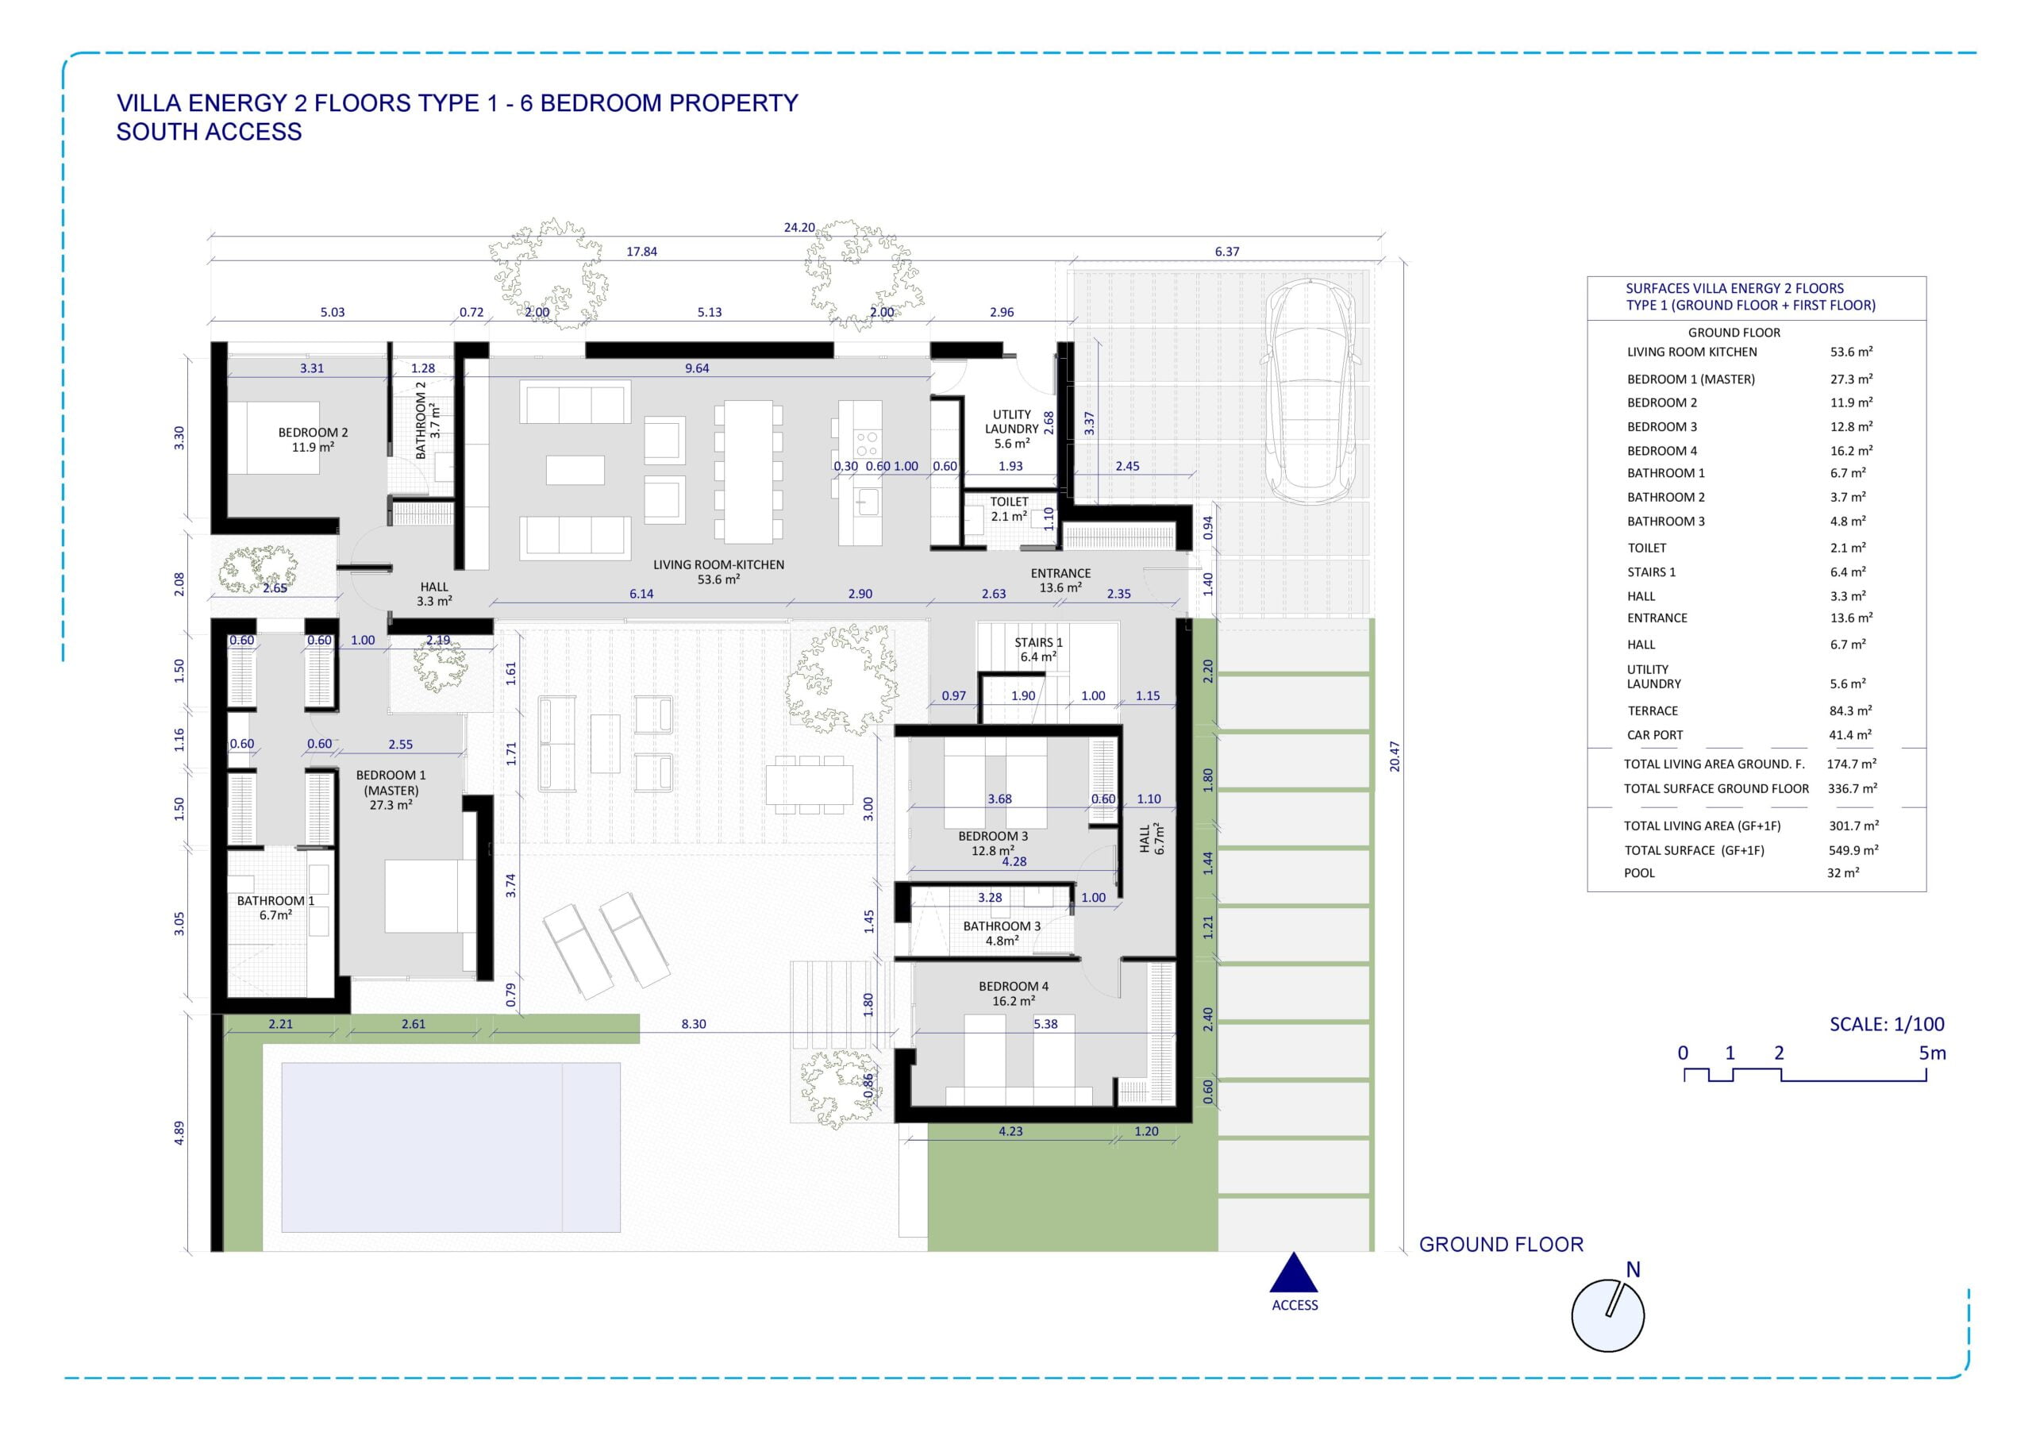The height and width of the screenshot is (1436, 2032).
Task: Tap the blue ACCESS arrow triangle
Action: click(1294, 1272)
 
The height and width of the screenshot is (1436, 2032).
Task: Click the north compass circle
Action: click(1607, 1315)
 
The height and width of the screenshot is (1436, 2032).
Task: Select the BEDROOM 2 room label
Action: click(314, 433)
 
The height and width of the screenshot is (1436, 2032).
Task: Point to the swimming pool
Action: click(451, 1147)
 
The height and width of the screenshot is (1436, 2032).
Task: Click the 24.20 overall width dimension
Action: click(799, 228)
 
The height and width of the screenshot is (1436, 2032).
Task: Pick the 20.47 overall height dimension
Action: click(1395, 757)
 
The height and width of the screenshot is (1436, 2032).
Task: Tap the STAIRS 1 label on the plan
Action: click(1038, 643)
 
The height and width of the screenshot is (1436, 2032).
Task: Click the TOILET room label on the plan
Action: click(1009, 502)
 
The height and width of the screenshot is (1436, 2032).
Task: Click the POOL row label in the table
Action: click(1639, 873)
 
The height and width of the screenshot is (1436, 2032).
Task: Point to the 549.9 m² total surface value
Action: click(1853, 850)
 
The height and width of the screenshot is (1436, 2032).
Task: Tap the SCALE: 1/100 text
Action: click(1887, 1024)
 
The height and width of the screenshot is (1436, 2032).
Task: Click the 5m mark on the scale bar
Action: click(1932, 1053)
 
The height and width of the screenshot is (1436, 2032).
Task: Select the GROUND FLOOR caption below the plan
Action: click(1501, 1245)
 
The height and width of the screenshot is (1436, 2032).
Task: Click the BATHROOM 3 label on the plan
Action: click(1002, 926)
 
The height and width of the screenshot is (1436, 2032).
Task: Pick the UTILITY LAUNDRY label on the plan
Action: click(1011, 422)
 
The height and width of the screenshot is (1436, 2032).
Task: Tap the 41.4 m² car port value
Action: click(1850, 735)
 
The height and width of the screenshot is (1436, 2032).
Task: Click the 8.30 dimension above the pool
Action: click(694, 1024)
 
